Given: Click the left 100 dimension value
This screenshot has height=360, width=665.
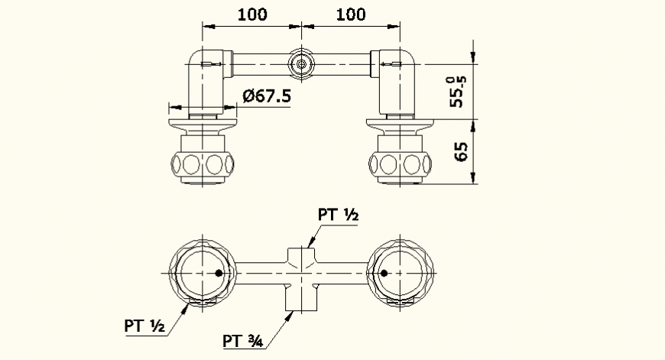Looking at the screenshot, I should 251,14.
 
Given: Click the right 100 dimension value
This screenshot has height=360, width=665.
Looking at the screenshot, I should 351,14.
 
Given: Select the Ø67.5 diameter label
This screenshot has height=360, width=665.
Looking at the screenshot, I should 265,96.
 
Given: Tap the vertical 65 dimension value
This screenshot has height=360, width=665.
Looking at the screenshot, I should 461,151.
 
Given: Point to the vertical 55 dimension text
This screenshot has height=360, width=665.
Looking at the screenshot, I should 458,90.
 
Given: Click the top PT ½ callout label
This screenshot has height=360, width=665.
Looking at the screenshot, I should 339,216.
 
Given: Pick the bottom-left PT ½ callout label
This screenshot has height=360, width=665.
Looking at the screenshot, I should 145,326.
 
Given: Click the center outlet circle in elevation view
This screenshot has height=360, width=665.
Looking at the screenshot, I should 302,64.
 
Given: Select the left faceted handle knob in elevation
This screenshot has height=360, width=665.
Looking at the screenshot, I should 203,163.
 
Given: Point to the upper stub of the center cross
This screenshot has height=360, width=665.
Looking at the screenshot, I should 302,255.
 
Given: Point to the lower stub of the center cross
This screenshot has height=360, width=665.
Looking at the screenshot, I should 302,297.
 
